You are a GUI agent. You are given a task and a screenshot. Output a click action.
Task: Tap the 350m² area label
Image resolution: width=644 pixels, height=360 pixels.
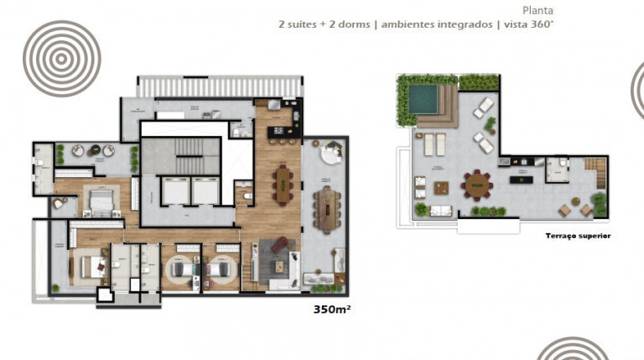(330, 308)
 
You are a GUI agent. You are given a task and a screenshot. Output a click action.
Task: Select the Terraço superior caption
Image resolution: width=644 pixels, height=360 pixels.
(578, 236)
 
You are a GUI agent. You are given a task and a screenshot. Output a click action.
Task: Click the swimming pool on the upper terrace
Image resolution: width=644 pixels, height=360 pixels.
(423, 100)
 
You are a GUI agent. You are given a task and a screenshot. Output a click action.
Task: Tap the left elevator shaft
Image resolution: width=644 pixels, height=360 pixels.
(174, 192)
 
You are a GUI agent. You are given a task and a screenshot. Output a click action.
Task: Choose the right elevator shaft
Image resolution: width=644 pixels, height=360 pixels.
(205, 192)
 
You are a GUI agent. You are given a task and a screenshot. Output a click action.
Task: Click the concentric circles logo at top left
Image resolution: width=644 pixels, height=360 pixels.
(61, 58)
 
